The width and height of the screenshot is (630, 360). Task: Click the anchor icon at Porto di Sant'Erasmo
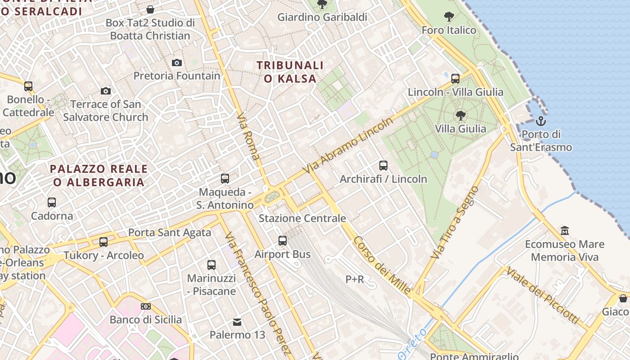click(540, 121)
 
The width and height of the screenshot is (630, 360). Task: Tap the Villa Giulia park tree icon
click(460, 116)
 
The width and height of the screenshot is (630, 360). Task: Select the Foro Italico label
click(449, 30)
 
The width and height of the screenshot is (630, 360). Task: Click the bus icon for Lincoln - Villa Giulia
click(455, 79)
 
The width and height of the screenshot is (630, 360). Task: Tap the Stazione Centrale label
click(302, 219)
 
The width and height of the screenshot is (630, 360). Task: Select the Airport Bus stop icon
click(283, 241)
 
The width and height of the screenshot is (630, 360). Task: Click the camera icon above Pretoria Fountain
click(177, 63)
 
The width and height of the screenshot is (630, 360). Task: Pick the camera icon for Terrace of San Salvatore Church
click(106, 91)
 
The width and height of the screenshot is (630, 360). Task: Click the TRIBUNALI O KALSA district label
click(290, 72)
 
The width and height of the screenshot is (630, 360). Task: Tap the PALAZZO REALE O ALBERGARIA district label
click(99, 175)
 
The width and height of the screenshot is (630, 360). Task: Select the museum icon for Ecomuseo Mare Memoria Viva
click(565, 231)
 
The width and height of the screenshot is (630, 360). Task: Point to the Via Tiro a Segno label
click(454, 222)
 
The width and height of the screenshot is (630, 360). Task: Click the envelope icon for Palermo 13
click(237, 322)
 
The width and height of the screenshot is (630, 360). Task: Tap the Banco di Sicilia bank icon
click(146, 306)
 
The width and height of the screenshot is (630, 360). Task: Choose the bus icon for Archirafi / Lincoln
click(383, 166)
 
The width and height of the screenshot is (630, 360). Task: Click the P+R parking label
click(355, 279)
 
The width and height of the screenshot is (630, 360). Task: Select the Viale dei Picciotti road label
click(543, 295)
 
